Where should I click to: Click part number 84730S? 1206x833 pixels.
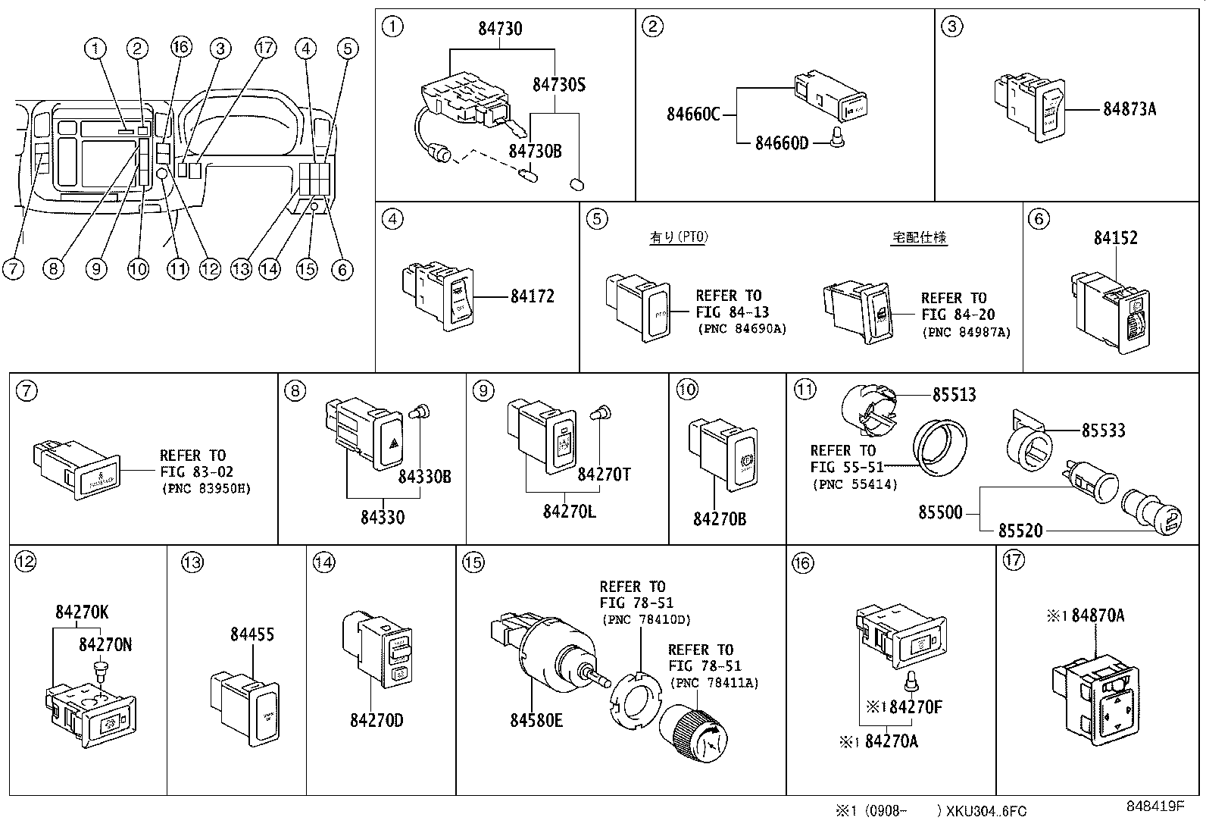click(x=558, y=85)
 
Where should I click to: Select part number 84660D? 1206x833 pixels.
click(x=782, y=142)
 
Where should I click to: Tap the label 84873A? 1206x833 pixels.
click(x=1129, y=108)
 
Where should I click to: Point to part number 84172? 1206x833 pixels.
click(x=532, y=296)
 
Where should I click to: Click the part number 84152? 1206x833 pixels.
click(x=1115, y=237)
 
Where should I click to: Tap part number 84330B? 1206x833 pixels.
click(x=425, y=477)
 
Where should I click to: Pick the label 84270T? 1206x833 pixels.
click(x=604, y=474)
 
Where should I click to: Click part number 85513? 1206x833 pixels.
click(x=954, y=395)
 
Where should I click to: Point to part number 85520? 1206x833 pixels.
click(x=1020, y=531)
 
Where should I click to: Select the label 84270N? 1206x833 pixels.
click(x=105, y=644)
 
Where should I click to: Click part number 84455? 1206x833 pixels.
click(x=252, y=634)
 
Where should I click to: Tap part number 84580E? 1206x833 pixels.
click(x=536, y=720)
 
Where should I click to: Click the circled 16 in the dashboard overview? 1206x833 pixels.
click(x=180, y=49)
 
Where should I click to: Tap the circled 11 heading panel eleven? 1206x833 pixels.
click(x=804, y=390)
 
